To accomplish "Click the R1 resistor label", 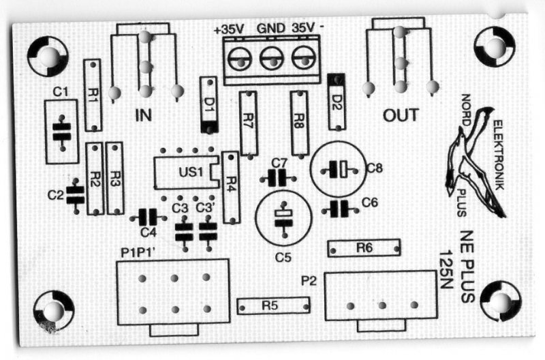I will click(x=93, y=95).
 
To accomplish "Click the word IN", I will click(x=143, y=115).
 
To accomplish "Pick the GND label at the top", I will click(x=270, y=29).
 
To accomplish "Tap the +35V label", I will click(x=229, y=29).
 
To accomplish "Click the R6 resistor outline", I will click(x=362, y=249).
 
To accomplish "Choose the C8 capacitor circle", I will click(x=339, y=168).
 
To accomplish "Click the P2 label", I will click(x=309, y=279).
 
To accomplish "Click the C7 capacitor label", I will click(x=278, y=163).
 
